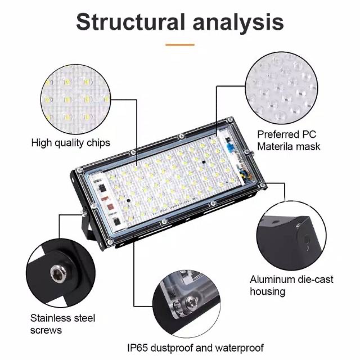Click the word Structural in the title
(x=130, y=21)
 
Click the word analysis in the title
(x=238, y=22)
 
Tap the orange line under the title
(x=180, y=45)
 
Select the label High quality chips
(x=71, y=143)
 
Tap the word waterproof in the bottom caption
(x=240, y=348)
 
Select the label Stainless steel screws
(x=62, y=324)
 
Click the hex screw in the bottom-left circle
(x=58, y=273)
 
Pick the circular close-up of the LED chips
(x=75, y=100)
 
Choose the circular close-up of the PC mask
(x=282, y=88)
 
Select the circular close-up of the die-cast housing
(x=291, y=236)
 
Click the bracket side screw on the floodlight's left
(x=84, y=213)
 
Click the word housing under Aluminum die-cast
(x=268, y=291)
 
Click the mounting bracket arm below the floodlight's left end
(x=86, y=227)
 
